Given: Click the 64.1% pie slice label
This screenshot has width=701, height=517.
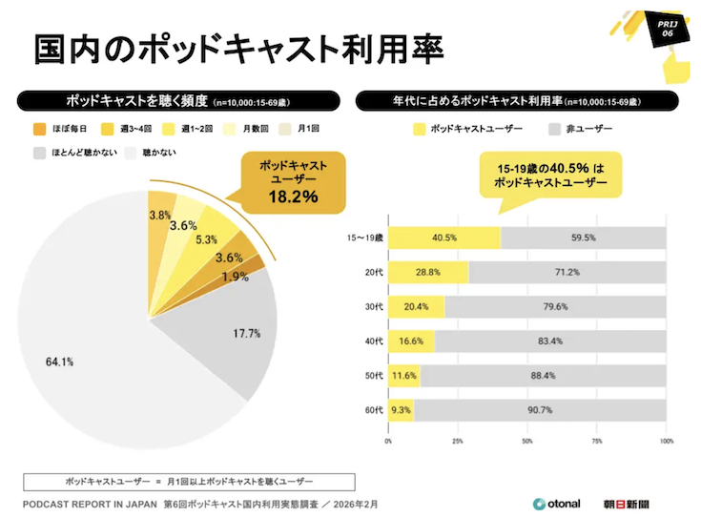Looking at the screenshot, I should [59, 362].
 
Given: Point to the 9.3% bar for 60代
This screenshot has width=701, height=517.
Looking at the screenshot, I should [401, 410].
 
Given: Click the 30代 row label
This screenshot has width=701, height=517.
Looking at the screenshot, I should [373, 307].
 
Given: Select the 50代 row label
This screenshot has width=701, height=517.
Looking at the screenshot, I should [373, 376].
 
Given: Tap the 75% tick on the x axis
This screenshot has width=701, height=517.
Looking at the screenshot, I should [597, 442].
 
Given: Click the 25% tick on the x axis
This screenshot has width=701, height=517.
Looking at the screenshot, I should [458, 442].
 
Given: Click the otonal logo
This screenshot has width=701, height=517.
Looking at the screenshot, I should [557, 504].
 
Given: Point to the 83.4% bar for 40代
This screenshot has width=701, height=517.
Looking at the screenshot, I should [549, 341].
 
